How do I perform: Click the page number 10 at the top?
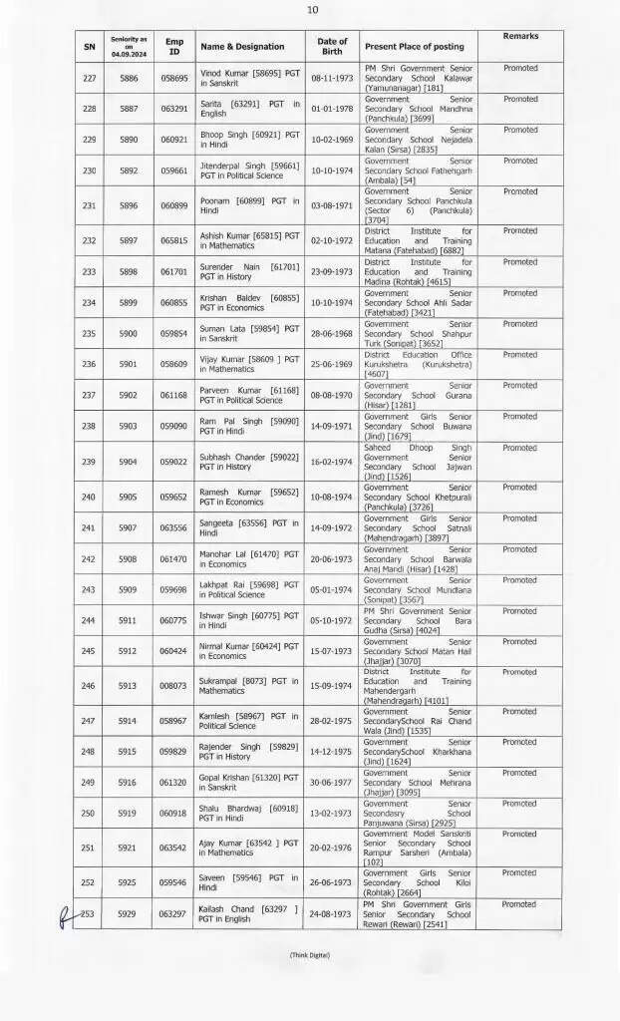pyautogui.click(x=312, y=10)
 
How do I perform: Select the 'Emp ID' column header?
pyautogui.click(x=174, y=46)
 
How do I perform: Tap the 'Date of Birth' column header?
pyautogui.click(x=332, y=46)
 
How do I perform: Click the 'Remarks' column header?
pyautogui.click(x=520, y=36)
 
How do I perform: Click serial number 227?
pyautogui.click(x=89, y=77)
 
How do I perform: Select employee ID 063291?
pyautogui.click(x=174, y=108)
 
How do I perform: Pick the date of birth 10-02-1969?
pyautogui.click(x=332, y=139)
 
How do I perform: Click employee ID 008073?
pyautogui.click(x=174, y=686)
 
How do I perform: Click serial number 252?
pyautogui.click(x=89, y=882)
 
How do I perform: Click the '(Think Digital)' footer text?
pyautogui.click(x=310, y=955)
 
